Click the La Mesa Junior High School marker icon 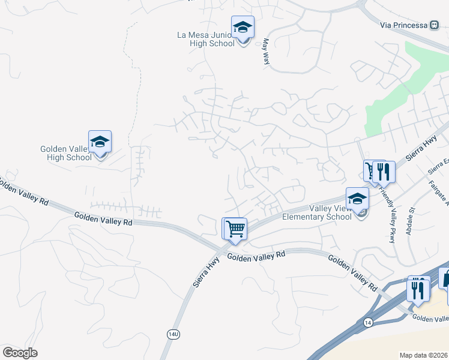click(x=243, y=28)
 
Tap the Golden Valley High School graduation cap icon click(x=100, y=142)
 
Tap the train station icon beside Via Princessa click(x=434, y=25)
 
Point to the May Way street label click(x=265, y=52)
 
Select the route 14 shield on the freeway click(x=368, y=323)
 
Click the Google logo click(x=20, y=353)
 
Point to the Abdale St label click(x=411, y=221)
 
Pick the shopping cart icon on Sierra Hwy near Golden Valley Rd click(x=236, y=229)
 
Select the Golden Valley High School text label click(x=66, y=153)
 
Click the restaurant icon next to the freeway click(x=417, y=290)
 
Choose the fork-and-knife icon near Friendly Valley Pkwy click(x=384, y=172)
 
